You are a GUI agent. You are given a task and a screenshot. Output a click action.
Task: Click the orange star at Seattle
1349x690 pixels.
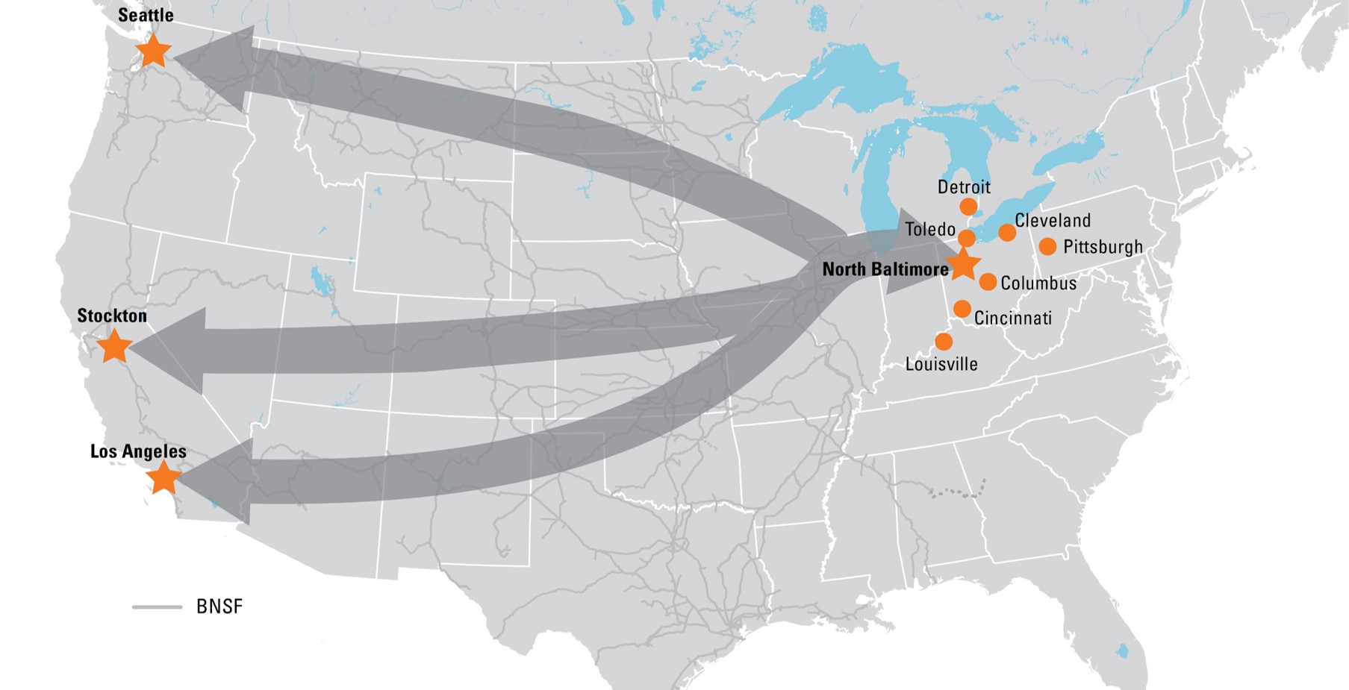(x=153, y=51)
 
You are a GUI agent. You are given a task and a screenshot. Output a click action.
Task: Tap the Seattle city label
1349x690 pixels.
(x=146, y=15)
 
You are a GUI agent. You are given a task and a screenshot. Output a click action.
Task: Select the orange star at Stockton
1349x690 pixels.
(x=114, y=347)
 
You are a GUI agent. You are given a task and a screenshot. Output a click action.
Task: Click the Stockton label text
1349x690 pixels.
(x=112, y=316)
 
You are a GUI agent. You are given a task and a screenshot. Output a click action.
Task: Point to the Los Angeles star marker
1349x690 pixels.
(x=163, y=477)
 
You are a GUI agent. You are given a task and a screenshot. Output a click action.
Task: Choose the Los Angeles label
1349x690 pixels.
(x=138, y=451)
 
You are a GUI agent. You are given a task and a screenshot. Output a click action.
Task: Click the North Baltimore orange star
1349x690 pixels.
(x=963, y=264)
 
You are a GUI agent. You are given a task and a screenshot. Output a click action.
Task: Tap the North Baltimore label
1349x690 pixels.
(x=885, y=269)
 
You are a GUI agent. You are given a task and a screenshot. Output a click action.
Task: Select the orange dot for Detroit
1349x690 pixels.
(x=968, y=207)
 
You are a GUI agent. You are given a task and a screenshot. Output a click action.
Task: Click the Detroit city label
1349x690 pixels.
(x=964, y=186)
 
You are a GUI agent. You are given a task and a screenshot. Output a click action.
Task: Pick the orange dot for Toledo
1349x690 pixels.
(x=967, y=239)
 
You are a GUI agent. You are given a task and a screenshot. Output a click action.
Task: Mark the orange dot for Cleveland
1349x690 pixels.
(x=1007, y=233)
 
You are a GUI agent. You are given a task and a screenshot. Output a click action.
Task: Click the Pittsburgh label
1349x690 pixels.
(x=1103, y=247)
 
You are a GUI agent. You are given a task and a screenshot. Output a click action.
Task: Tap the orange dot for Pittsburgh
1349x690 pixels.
(x=1047, y=246)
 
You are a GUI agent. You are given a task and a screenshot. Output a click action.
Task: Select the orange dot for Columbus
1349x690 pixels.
(x=988, y=282)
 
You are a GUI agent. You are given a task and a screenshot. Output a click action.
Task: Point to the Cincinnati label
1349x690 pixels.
(x=1013, y=319)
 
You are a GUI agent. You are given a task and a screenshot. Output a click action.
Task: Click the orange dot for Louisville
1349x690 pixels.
(x=944, y=342)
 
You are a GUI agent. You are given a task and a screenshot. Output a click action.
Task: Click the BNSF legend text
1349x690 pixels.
(x=219, y=606)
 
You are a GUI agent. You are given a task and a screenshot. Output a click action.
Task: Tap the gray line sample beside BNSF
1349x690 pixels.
(x=158, y=607)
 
